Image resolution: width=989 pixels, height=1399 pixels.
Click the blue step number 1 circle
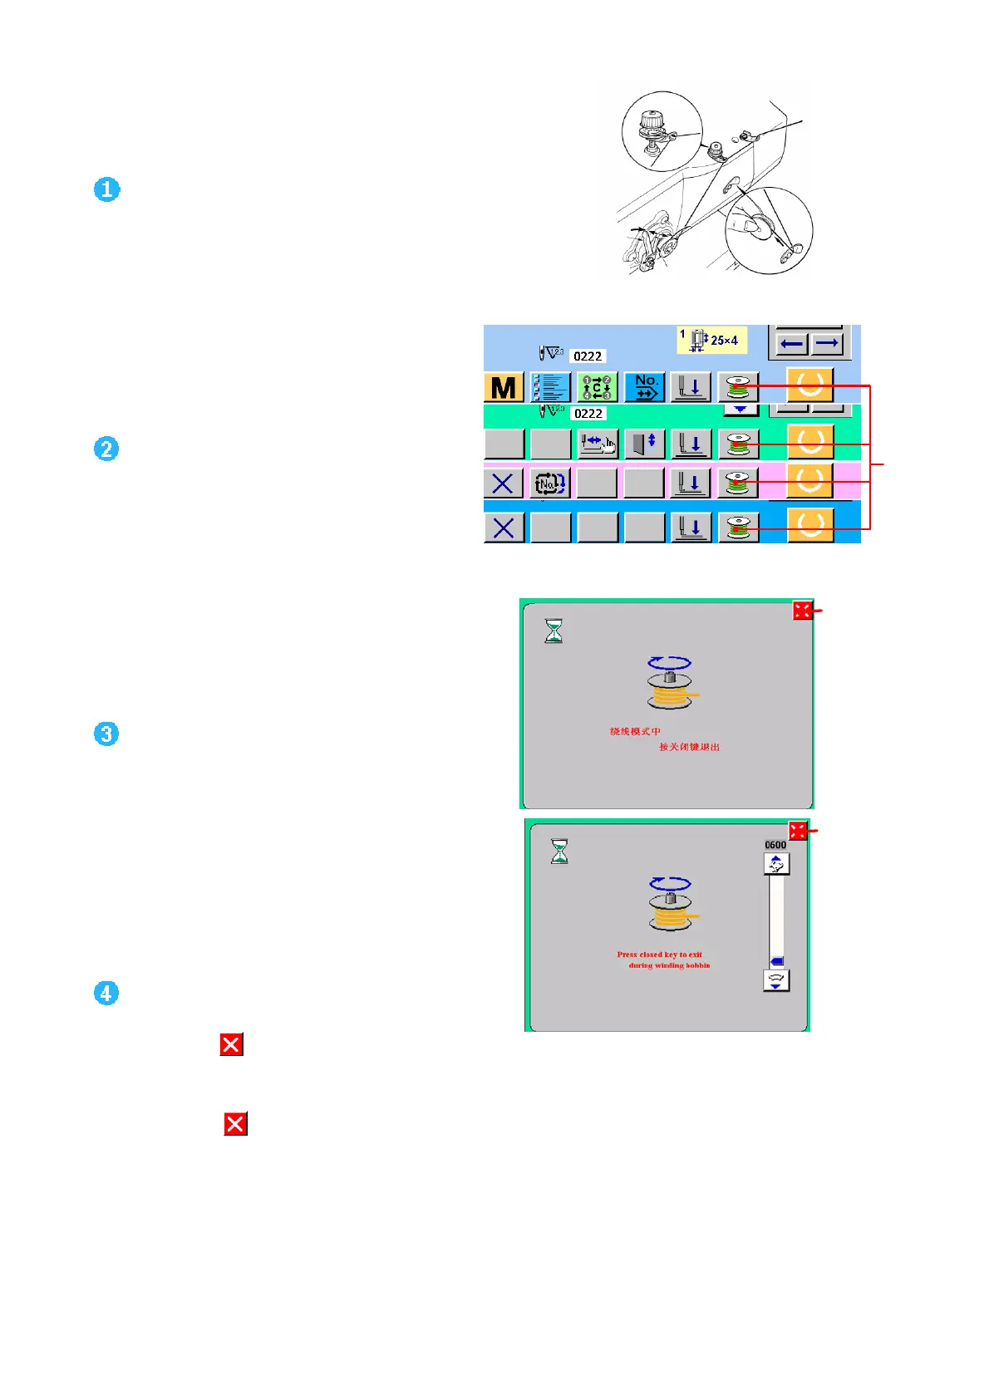click(x=106, y=189)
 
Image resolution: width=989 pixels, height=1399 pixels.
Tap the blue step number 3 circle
click(x=106, y=734)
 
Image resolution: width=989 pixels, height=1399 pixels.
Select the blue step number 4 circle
click(x=106, y=993)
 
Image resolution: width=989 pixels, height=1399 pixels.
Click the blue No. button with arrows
click(x=645, y=387)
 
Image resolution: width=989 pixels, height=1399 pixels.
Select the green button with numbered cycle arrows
click(x=597, y=387)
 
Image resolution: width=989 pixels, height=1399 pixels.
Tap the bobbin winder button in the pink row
click(x=738, y=483)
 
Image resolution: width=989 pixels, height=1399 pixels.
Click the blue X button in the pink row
click(x=503, y=483)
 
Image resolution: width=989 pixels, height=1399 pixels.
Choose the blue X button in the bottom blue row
click(x=503, y=528)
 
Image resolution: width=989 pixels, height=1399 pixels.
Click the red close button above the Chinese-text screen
click(x=802, y=611)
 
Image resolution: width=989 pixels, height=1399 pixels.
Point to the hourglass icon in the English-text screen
click(x=560, y=852)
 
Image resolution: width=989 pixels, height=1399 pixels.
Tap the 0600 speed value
click(x=775, y=845)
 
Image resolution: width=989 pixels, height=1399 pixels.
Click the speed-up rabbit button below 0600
click(x=776, y=865)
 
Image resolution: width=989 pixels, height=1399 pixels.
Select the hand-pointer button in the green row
click(x=597, y=444)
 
